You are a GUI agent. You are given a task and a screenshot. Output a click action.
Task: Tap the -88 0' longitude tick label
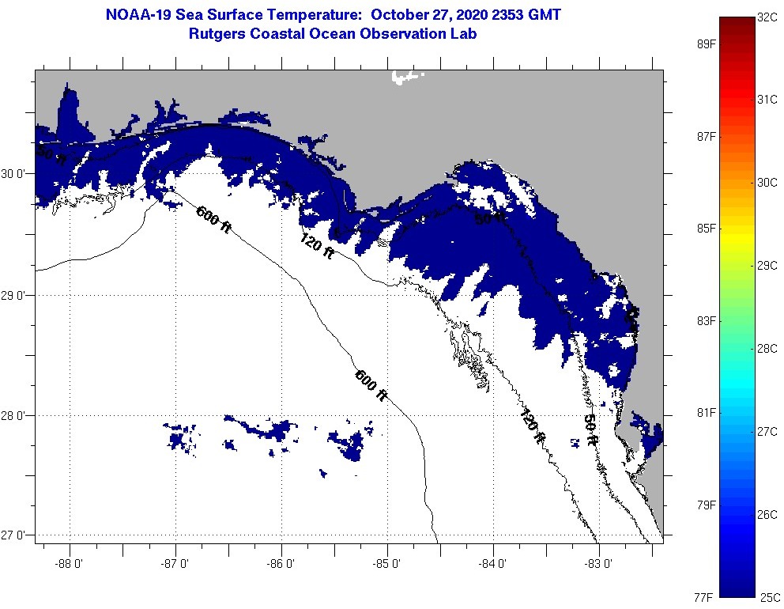click(70, 565)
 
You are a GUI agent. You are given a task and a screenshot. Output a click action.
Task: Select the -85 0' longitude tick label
click(387, 565)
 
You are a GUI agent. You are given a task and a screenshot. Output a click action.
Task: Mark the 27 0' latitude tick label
click(16, 535)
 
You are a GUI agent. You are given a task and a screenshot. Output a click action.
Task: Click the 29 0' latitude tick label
click(16, 295)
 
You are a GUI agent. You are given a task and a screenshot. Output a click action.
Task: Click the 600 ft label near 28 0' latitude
click(371, 385)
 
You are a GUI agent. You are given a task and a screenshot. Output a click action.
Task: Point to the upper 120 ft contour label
click(317, 246)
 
